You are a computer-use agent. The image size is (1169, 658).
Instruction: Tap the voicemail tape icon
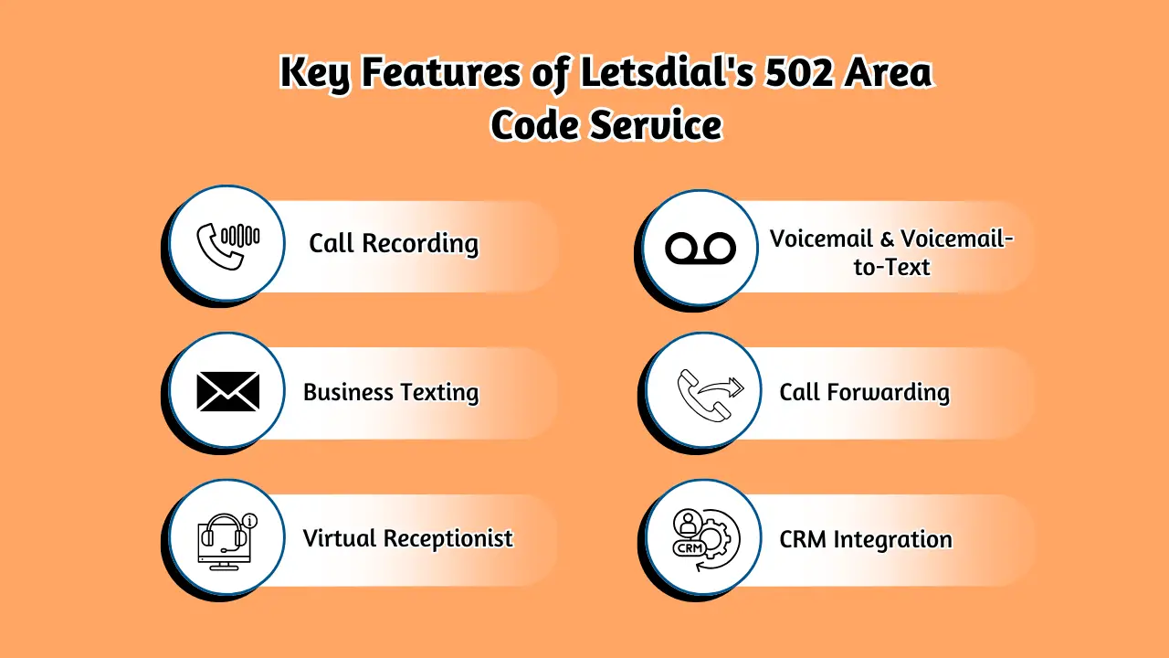pos(700,247)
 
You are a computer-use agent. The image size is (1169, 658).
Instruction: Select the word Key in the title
pos(315,73)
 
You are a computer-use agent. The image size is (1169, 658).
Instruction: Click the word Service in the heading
pos(655,125)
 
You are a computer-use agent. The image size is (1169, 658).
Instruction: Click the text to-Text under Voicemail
pos(891,267)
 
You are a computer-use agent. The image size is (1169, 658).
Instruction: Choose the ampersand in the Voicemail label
pos(887,239)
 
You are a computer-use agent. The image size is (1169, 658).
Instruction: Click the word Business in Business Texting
pos(348,393)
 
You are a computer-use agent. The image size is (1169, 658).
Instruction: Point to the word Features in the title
pos(442,73)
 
